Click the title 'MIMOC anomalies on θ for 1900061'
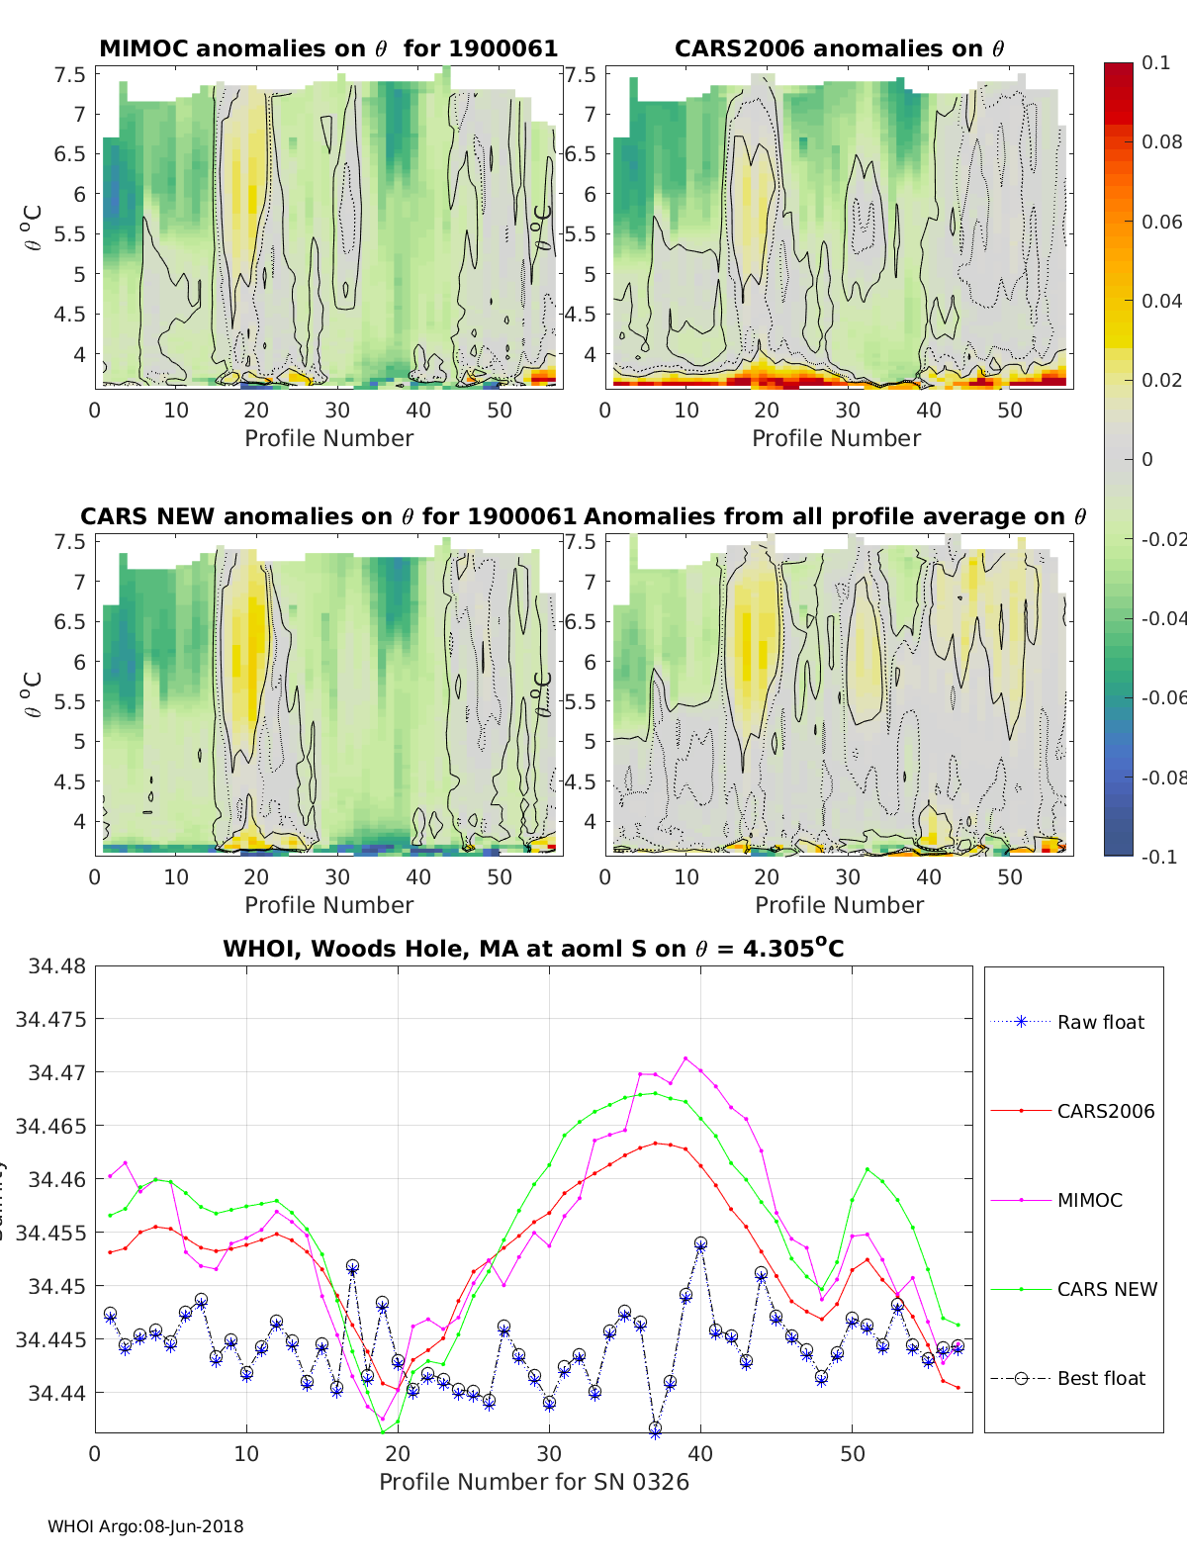[x=328, y=48]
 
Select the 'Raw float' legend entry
[x=1100, y=1022]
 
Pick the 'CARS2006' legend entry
[x=1105, y=1111]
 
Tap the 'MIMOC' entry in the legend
[x=1089, y=1200]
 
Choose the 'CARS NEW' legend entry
[x=1106, y=1289]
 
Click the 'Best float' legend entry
[x=1101, y=1378]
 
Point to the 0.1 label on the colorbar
[x=1155, y=62]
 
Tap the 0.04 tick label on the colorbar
[x=1161, y=301]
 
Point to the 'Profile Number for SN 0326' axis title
[x=533, y=1482]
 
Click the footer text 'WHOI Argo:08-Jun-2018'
[x=145, y=1526]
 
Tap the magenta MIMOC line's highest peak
[x=685, y=1058]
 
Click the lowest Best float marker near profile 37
[x=655, y=1428]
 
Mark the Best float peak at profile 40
[x=700, y=1243]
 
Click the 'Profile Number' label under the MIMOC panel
[x=328, y=438]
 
